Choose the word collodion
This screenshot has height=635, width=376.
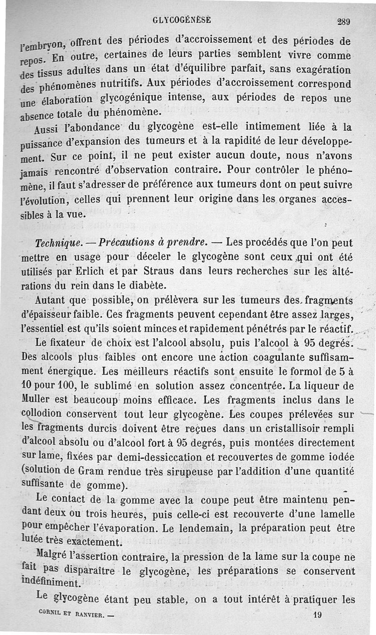(x=44, y=414)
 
